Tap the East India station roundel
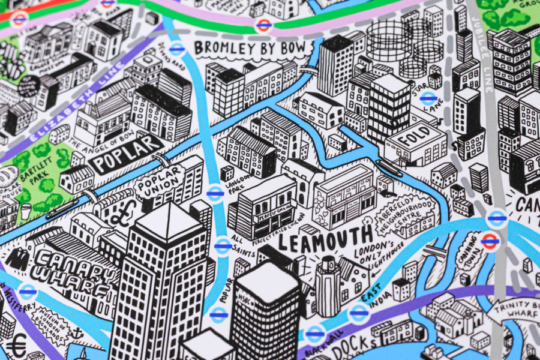tap(358, 311)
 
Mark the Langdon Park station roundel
tap(215, 193)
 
